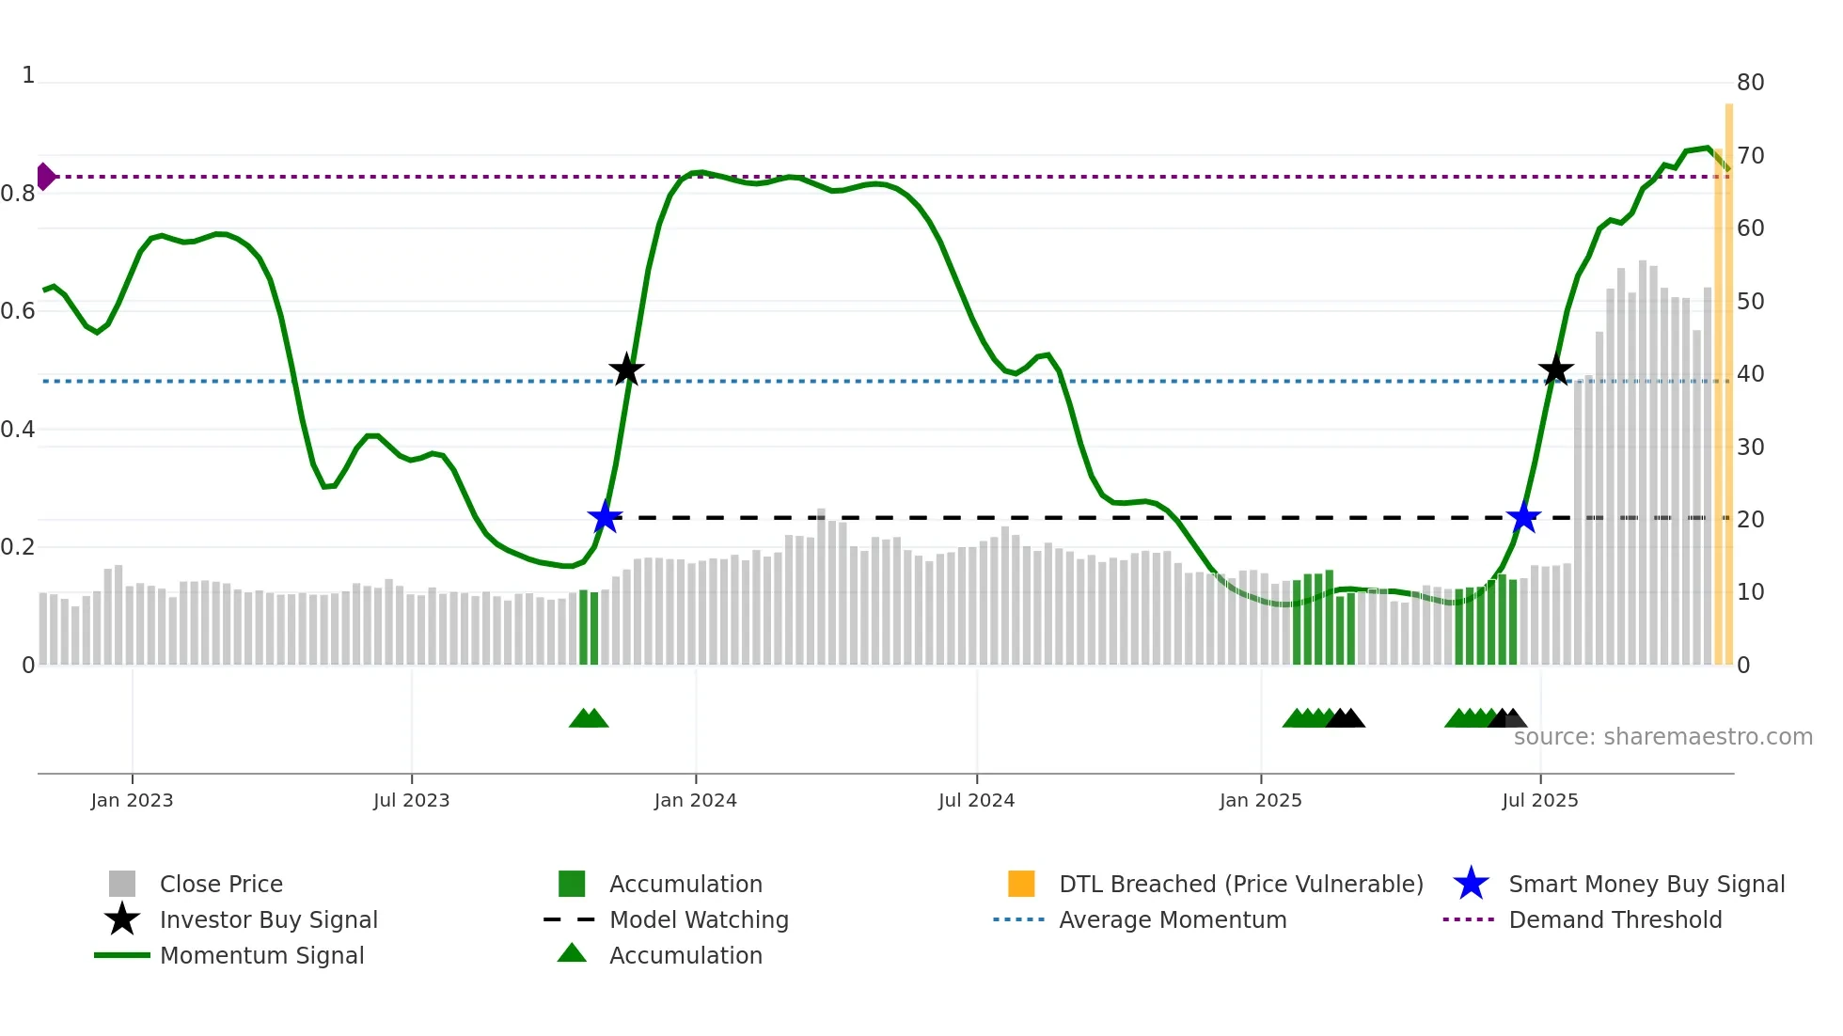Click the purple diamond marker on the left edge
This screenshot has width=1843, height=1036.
point(45,177)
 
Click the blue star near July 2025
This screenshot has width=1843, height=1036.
point(1523,517)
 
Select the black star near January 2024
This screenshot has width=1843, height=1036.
point(626,370)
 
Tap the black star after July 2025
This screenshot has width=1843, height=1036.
point(1556,370)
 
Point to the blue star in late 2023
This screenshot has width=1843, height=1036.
point(605,517)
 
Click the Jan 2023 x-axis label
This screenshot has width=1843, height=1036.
point(132,801)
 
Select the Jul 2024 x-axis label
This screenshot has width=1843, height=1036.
point(976,801)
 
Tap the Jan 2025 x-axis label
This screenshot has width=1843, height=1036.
point(1260,801)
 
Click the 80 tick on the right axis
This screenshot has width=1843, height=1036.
point(1750,83)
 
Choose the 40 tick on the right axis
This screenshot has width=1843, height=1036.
point(1750,374)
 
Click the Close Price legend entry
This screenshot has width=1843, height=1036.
point(221,885)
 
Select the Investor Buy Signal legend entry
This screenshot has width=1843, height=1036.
point(268,920)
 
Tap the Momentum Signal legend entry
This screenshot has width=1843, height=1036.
point(261,956)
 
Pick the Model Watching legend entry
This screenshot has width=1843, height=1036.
point(699,920)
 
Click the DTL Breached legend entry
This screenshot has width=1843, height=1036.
point(1240,885)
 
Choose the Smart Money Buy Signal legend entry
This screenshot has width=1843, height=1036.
point(1646,885)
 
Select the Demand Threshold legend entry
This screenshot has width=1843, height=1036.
point(1615,920)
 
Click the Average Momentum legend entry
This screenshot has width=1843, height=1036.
point(1173,920)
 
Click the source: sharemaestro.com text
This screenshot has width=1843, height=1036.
point(1662,737)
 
